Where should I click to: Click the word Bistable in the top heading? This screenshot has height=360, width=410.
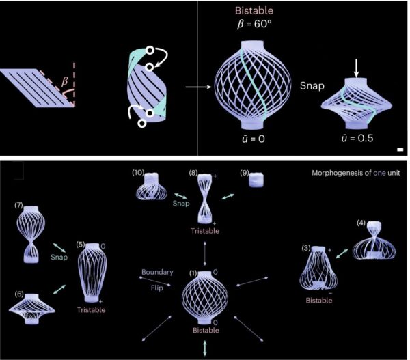click(254, 10)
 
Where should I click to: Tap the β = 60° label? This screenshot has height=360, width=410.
click(254, 25)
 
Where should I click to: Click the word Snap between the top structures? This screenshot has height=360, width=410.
click(312, 86)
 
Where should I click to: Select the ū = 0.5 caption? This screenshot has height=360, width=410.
click(357, 138)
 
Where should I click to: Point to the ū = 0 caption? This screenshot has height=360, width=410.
click(253, 139)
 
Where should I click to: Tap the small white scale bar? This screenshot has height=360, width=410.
click(400, 150)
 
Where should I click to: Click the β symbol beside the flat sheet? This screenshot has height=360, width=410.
click(65, 81)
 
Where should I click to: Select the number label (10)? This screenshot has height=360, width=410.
click(138, 173)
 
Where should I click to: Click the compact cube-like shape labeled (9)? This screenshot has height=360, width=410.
click(256, 180)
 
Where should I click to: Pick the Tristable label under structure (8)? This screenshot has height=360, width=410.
click(205, 231)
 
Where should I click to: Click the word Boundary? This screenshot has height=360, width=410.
click(157, 272)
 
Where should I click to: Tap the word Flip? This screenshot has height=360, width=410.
click(157, 288)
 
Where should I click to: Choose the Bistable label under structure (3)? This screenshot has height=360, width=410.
click(319, 300)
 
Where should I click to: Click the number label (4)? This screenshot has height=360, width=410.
click(361, 223)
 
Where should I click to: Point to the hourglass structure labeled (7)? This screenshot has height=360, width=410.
click(31, 234)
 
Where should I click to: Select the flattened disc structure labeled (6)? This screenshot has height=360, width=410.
click(32, 309)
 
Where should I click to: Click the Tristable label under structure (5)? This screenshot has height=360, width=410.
click(92, 310)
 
